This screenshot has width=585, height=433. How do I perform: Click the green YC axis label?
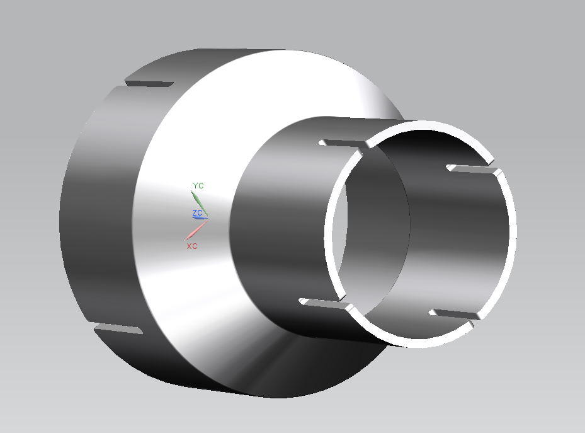(x=198, y=185)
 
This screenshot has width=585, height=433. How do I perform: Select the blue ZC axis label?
(x=197, y=213)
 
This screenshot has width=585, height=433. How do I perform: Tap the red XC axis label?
(x=192, y=246)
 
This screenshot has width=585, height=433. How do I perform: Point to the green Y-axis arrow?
(x=199, y=203)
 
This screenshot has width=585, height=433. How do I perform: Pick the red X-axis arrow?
(x=196, y=230)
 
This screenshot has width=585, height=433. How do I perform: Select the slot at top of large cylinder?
(x=149, y=84)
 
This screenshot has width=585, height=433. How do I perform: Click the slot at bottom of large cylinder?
(x=118, y=329)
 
